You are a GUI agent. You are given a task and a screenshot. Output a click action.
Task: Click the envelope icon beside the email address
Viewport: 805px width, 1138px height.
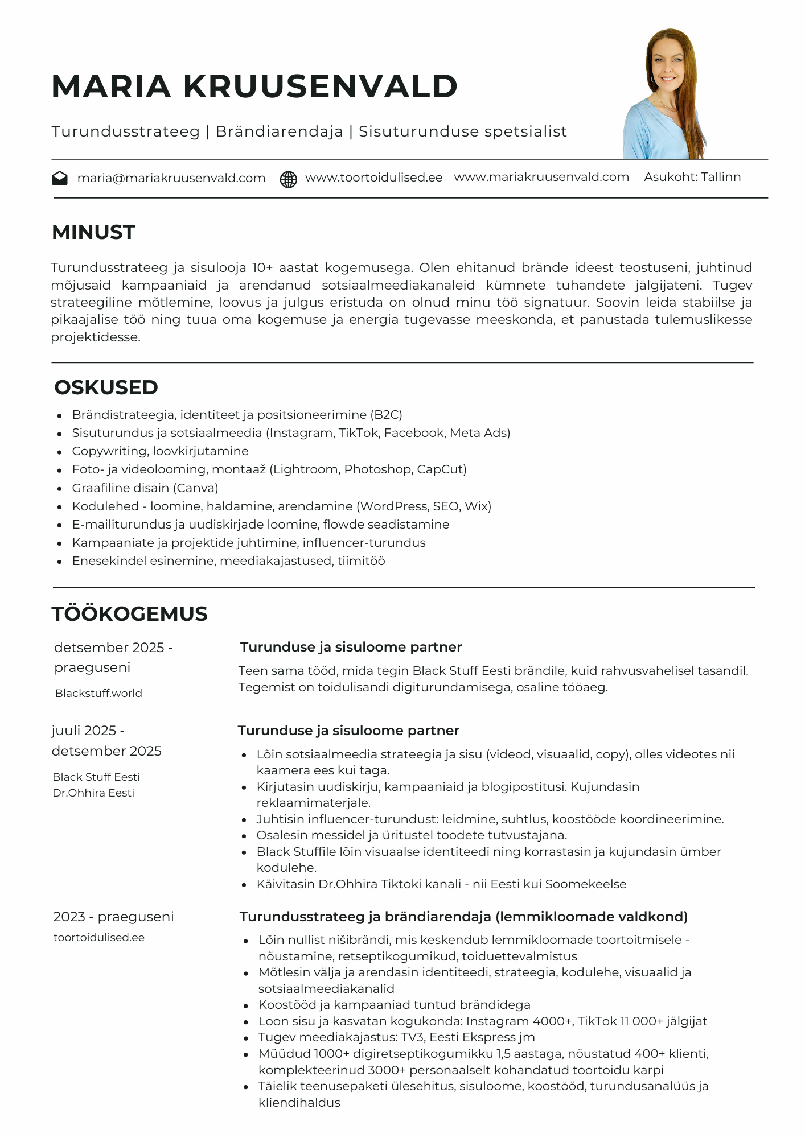(60, 179)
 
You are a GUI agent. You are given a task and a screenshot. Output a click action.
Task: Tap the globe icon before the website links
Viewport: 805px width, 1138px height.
(289, 179)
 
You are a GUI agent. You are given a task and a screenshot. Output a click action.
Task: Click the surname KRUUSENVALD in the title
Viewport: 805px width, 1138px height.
(321, 86)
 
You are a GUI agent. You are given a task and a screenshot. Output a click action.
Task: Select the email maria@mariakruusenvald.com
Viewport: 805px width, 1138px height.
(171, 178)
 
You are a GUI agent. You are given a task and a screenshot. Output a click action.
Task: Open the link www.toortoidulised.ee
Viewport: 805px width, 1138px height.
(374, 178)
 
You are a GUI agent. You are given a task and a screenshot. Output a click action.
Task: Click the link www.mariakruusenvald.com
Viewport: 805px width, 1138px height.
(541, 177)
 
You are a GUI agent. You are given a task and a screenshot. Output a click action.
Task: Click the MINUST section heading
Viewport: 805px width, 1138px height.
(93, 232)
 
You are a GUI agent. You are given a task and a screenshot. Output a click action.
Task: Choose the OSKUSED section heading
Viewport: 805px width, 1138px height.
(106, 387)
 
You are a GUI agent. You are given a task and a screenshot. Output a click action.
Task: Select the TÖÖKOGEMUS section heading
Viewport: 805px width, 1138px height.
(130, 614)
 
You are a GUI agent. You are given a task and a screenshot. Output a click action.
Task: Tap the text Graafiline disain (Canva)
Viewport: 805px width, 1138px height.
(145, 488)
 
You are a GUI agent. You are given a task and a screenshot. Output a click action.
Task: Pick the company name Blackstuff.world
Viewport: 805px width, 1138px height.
(98, 694)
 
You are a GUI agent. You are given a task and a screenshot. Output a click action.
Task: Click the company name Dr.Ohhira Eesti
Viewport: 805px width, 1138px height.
(93, 793)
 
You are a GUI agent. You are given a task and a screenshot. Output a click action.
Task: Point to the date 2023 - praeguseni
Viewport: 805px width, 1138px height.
(113, 917)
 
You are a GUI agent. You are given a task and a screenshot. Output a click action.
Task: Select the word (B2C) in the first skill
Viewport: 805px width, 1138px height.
(387, 415)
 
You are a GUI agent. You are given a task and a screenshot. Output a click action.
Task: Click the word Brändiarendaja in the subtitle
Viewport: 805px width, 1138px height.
(280, 131)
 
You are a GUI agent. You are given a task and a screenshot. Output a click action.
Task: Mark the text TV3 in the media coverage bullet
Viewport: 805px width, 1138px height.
(412, 1037)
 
